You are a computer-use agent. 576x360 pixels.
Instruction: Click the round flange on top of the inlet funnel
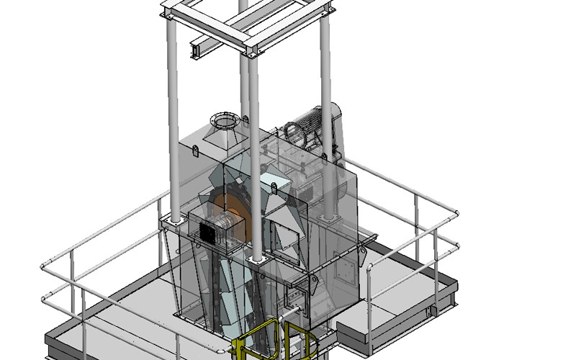(x=224, y=118)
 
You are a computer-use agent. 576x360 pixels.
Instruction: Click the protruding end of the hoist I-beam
(x=196, y=49)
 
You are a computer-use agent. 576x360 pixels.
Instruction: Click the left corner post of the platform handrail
(x=45, y=267)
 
